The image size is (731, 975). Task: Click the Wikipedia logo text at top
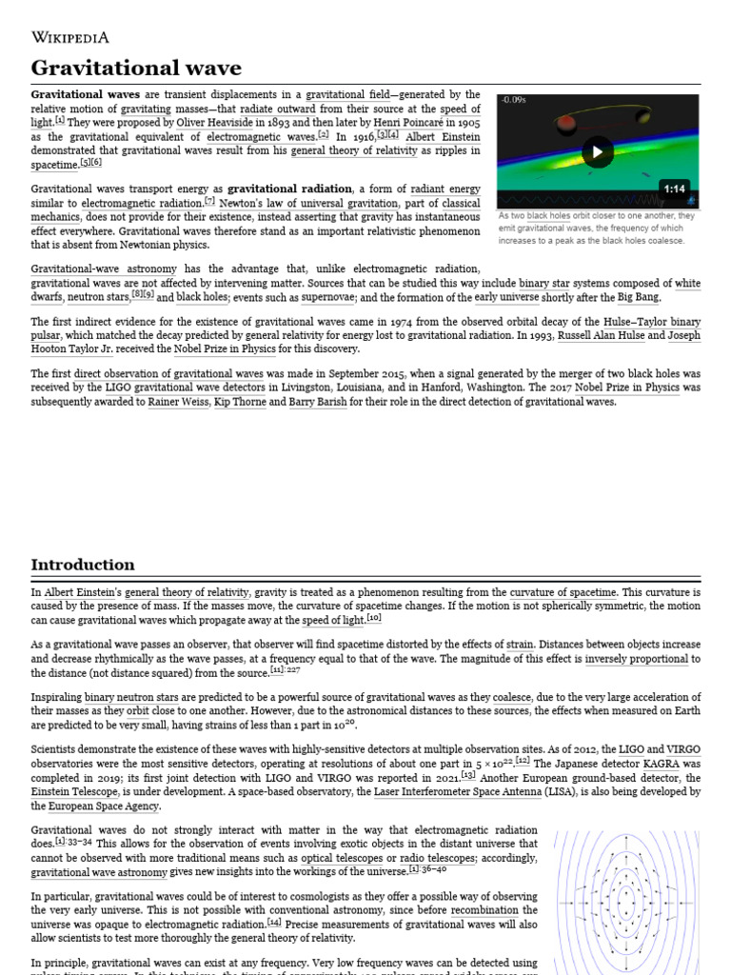coord(70,38)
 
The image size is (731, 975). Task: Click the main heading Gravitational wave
coord(136,68)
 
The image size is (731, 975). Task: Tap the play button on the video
coord(597,151)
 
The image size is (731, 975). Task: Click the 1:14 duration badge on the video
coord(675,189)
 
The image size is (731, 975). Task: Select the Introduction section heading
coord(83,565)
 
